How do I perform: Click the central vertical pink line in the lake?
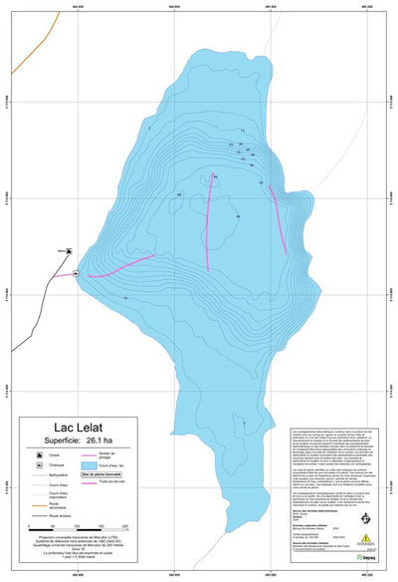coord(209,224)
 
